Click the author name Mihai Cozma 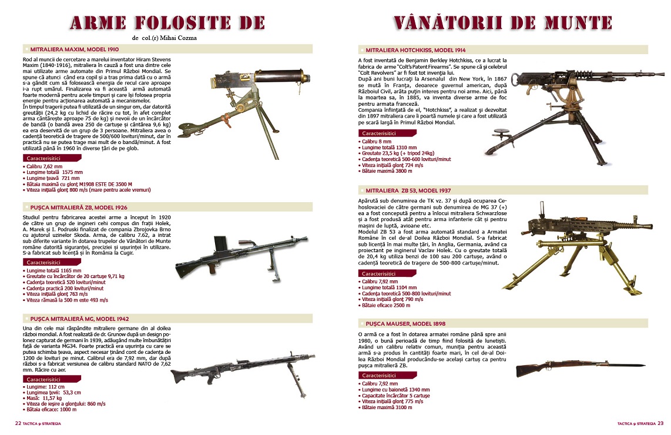177,38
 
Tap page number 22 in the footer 18,423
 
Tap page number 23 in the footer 660,423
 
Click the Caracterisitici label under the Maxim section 46,159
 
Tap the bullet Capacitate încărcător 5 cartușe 397,396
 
